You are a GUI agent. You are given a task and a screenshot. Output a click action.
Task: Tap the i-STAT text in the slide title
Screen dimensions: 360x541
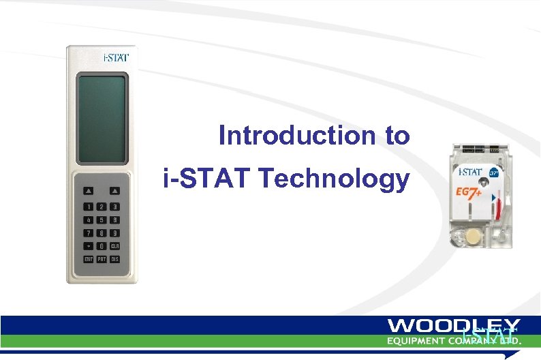pos(207,179)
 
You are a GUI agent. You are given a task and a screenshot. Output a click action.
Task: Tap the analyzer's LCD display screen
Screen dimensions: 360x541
pos(102,119)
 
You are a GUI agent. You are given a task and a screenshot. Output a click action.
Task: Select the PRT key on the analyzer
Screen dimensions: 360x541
pos(102,259)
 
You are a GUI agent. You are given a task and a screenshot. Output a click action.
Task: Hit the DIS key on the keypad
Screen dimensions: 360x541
pos(115,259)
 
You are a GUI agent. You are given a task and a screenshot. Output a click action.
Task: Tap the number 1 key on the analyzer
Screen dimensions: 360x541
pos(88,207)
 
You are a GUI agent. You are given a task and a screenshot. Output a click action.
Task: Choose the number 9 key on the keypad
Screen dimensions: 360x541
pos(115,232)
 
